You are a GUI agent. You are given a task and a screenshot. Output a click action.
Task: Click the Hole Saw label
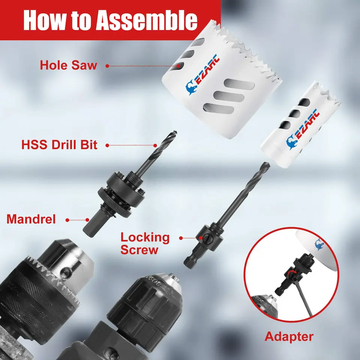(68, 65)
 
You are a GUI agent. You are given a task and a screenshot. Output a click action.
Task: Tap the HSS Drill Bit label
(59, 145)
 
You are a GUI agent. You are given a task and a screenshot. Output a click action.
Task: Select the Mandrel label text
(31, 219)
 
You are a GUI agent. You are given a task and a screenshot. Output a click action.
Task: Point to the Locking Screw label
(145, 243)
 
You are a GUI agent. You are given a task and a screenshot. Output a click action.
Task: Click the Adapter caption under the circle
(289, 337)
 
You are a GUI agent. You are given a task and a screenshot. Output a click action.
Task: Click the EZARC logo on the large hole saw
(202, 75)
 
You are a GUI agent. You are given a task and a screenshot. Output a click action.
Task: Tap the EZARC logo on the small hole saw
(302, 129)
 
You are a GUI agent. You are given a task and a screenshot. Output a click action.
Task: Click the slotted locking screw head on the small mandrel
(206, 239)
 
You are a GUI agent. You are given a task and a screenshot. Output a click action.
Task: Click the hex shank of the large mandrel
(92, 224)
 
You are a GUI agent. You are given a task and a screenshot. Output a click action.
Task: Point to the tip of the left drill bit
(175, 132)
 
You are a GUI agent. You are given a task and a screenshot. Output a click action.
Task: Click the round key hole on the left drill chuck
(66, 272)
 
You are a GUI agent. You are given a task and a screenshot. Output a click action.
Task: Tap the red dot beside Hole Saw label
(107, 66)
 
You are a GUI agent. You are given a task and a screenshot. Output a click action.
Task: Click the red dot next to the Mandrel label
(67, 220)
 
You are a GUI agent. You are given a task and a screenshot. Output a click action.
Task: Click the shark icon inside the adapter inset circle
(319, 244)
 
